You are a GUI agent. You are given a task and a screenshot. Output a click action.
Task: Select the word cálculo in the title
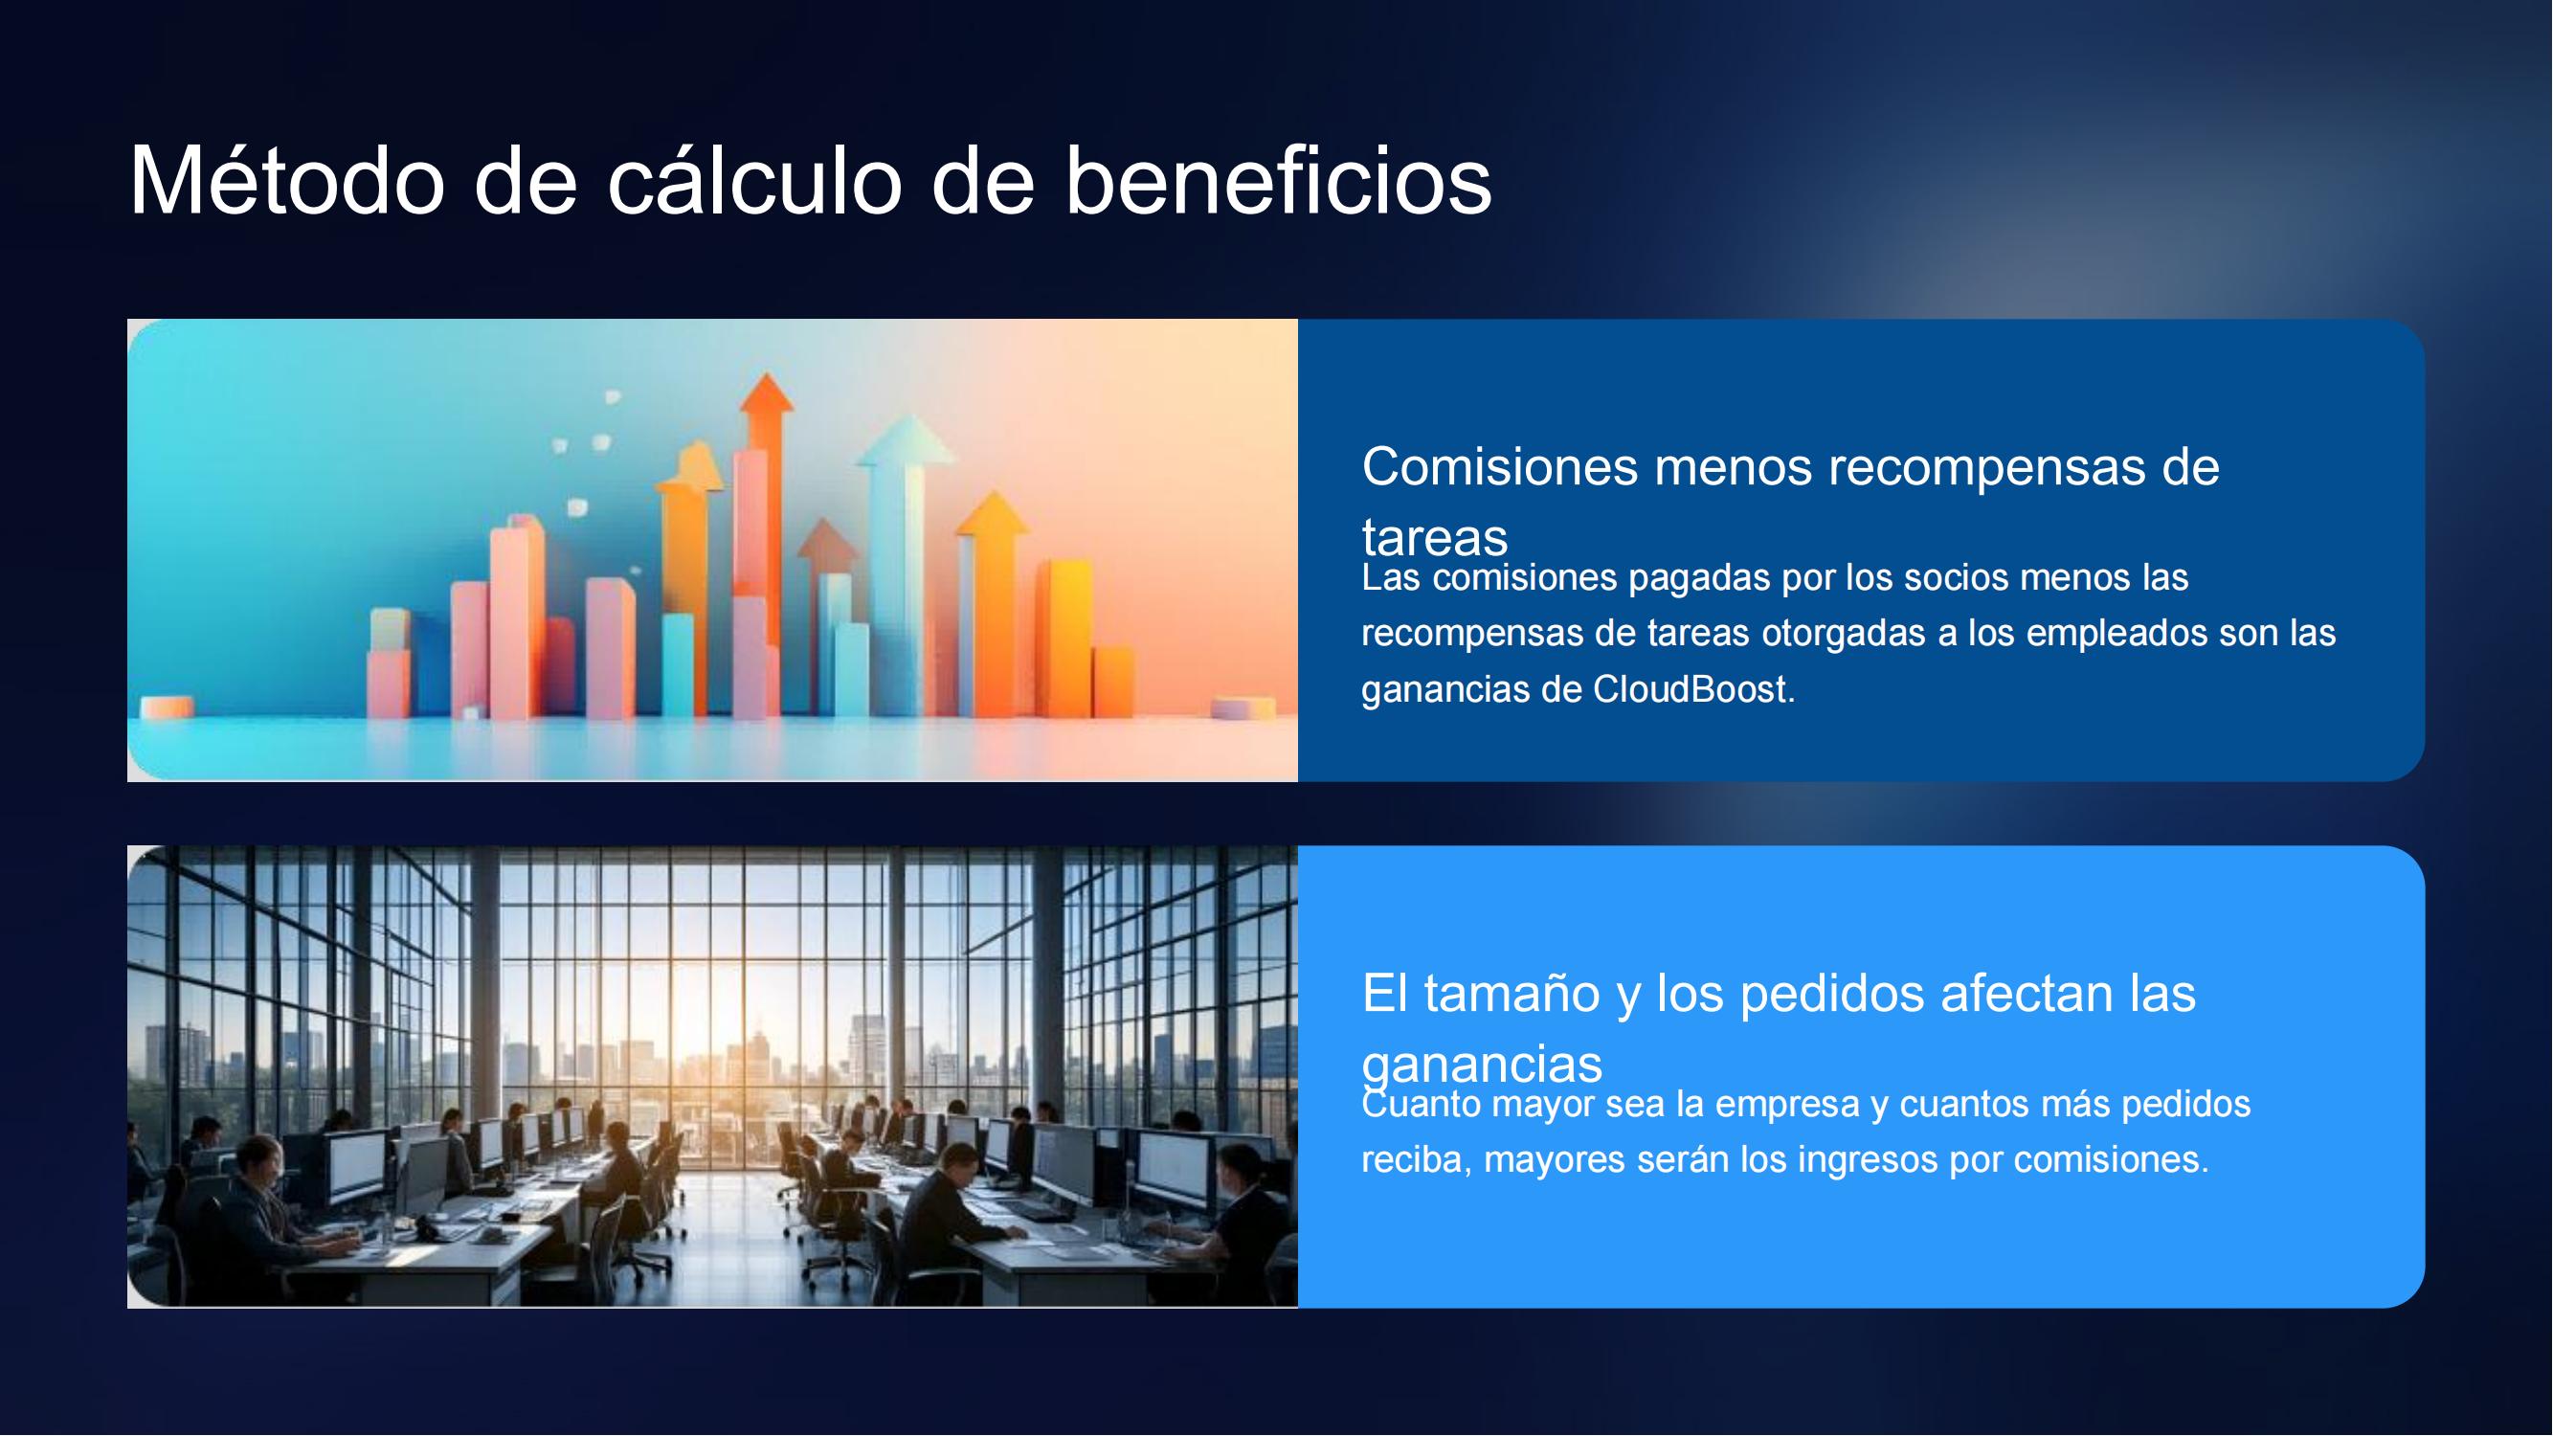pyautogui.click(x=754, y=180)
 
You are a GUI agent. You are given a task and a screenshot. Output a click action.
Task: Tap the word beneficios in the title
pyautogui.click(x=1279, y=180)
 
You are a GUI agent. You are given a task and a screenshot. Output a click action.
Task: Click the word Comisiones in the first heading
pyautogui.click(x=1499, y=467)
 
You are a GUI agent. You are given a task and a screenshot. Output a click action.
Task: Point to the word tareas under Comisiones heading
pyautogui.click(x=1434, y=538)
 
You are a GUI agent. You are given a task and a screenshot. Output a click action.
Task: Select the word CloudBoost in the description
pyautogui.click(x=1693, y=689)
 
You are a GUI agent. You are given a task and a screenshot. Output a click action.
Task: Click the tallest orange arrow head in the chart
pyautogui.click(x=766, y=393)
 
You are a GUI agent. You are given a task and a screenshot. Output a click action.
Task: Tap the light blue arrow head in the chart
pyautogui.click(x=906, y=440)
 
